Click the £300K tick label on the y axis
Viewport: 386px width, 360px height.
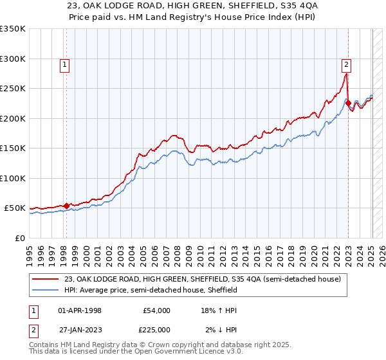[x=12, y=59]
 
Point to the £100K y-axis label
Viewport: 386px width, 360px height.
[x=12, y=178]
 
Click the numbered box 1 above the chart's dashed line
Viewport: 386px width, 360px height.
[x=66, y=64]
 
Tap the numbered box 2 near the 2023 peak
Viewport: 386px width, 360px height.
[x=346, y=64]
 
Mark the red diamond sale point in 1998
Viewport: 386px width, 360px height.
[x=66, y=206]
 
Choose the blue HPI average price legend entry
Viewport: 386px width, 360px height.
[x=151, y=290]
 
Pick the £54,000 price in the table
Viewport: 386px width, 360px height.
[x=156, y=310]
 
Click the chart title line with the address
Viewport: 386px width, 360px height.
[x=192, y=6]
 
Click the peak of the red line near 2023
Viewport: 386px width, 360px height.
[x=346, y=74]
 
